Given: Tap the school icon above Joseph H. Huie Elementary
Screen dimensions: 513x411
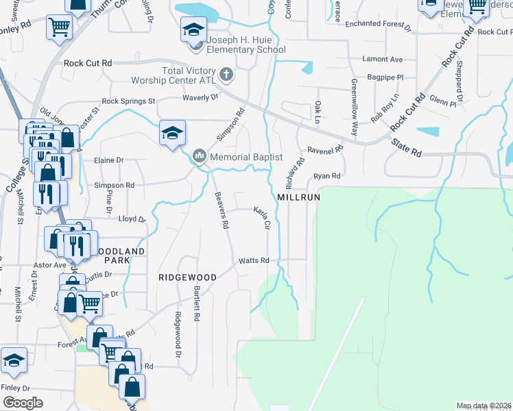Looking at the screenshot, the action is tap(193, 30).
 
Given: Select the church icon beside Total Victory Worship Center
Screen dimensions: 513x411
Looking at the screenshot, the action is tap(226, 73).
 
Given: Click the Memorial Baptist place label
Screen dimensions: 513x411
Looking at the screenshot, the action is tap(246, 157).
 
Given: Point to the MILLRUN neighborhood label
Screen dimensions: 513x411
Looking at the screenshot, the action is tap(299, 197).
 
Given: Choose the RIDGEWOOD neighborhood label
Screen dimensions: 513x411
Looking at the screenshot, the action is tap(187, 277).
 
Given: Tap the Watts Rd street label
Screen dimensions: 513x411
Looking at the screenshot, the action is tap(254, 261).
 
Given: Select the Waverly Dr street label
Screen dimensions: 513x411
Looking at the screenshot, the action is tap(200, 97).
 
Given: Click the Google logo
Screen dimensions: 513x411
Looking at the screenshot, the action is tap(23, 403).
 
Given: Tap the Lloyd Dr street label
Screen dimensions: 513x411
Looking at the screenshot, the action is tap(132, 220).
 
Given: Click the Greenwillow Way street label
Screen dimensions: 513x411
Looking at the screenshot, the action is tap(354, 109).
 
